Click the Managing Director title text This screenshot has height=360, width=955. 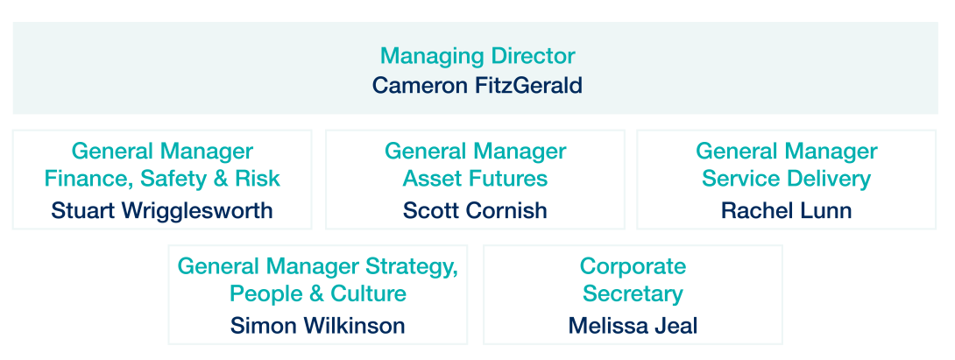pyautogui.click(x=477, y=57)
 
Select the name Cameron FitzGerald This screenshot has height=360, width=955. pyautogui.click(x=477, y=85)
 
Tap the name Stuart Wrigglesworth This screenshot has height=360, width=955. pyautogui.click(x=162, y=211)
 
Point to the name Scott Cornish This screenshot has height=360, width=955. pyautogui.click(x=475, y=211)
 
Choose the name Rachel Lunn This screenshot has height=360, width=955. pyautogui.click(x=786, y=211)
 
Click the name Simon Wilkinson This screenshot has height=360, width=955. pyautogui.click(x=317, y=325)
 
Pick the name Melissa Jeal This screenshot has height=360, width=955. pyautogui.click(x=633, y=325)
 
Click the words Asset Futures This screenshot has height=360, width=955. pyautogui.click(x=475, y=179)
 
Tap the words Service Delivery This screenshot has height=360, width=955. pyautogui.click(x=786, y=179)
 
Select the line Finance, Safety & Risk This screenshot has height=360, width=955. pyautogui.click(x=162, y=179)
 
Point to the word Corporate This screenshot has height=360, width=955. pyautogui.click(x=633, y=267)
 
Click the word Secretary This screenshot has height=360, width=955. pyautogui.click(x=633, y=294)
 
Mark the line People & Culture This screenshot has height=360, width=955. pyautogui.click(x=317, y=294)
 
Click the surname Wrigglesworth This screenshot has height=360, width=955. pyautogui.click(x=197, y=211)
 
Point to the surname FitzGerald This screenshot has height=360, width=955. pyautogui.click(x=528, y=85)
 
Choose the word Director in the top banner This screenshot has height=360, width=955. pyautogui.click(x=533, y=56)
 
